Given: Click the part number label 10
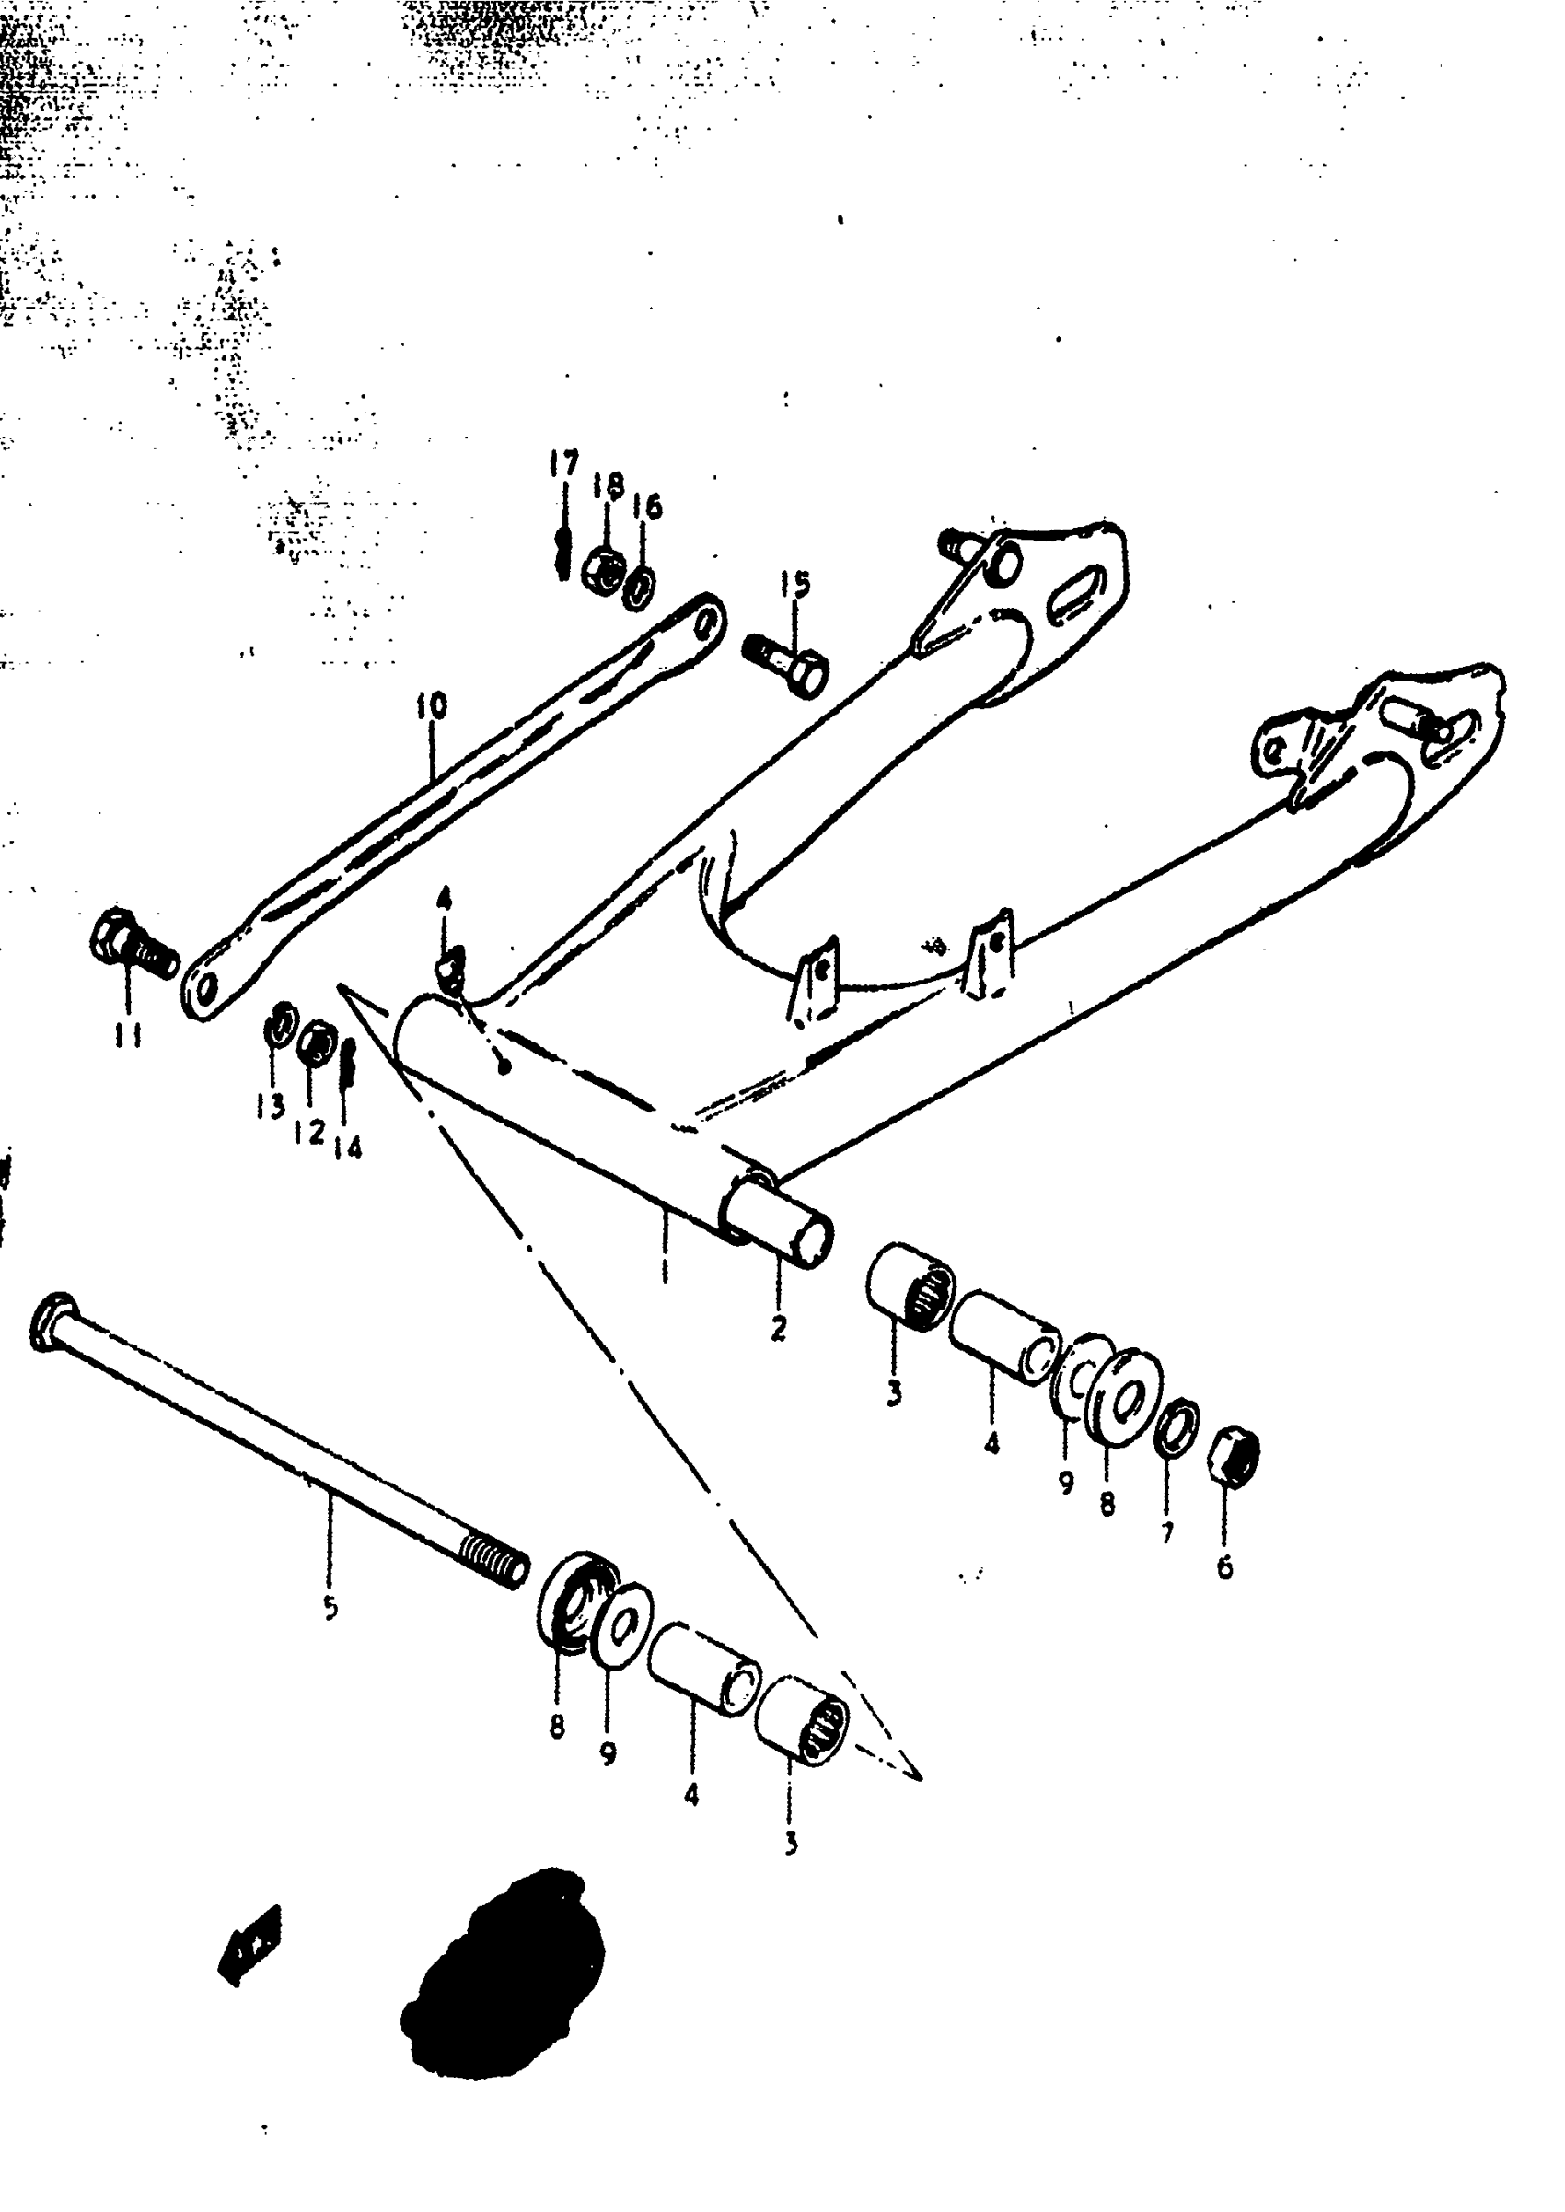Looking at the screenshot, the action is pos(432,706).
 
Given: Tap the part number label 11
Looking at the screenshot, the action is pos(126,1036).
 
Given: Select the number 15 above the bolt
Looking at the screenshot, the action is pos(795,584).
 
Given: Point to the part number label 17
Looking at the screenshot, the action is pos(563,463).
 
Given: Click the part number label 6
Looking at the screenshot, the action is pos(1223,1568).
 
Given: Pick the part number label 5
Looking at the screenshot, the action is pos(330,1608).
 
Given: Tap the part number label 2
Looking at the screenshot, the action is pos(779,1328).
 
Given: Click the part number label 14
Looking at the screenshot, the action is pos(348,1147).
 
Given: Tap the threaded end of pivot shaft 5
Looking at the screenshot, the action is pos(493,1558).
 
